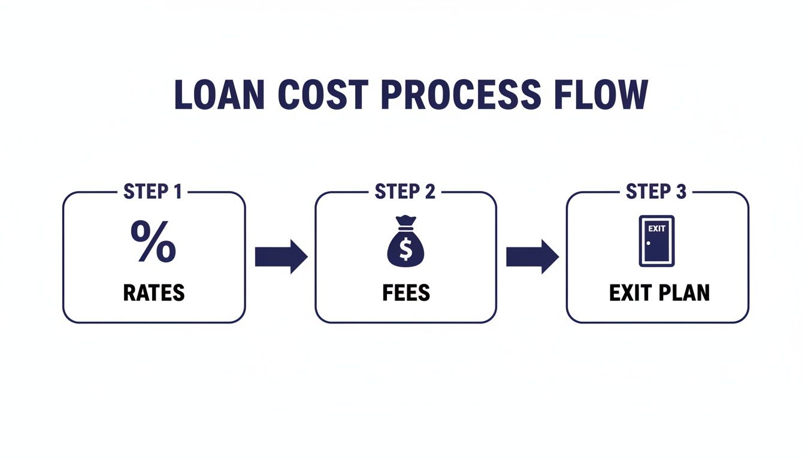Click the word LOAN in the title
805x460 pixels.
point(219,94)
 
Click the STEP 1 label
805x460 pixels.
point(154,192)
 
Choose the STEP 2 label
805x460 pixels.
point(405,192)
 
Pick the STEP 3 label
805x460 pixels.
point(656,192)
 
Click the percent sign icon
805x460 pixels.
point(153,241)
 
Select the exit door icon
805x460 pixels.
point(656,241)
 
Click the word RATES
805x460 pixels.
point(154,293)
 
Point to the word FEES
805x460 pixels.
point(405,293)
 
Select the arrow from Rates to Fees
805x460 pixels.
point(280,256)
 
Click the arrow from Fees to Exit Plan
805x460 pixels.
point(532,256)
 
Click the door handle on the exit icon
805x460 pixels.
point(648,243)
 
